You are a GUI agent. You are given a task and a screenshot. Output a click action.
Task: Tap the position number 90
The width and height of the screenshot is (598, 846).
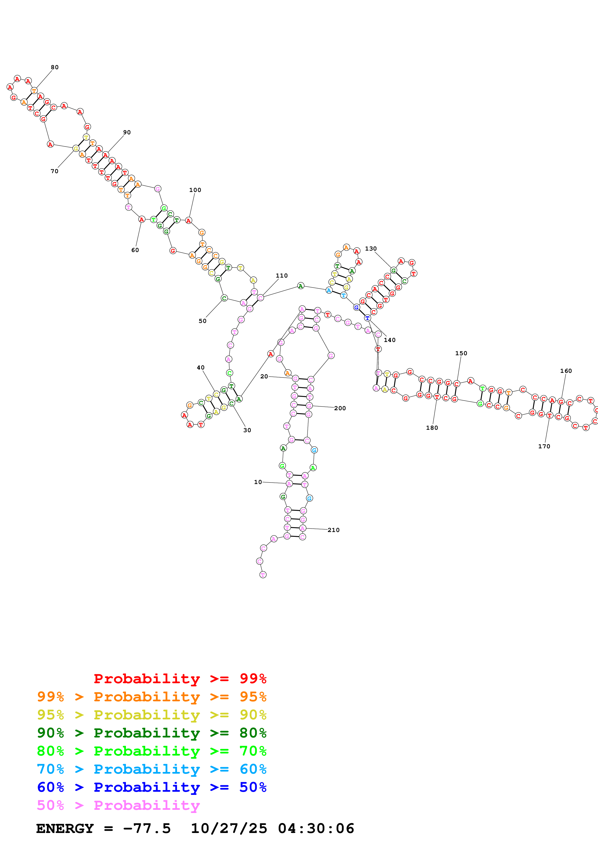pos(127,132)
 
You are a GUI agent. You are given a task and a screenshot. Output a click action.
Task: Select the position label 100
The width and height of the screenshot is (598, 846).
pos(195,190)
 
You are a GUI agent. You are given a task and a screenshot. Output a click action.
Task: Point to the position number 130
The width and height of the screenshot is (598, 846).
pos(371,249)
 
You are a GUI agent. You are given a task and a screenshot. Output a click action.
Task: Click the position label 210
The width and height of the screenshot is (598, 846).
pos(333,530)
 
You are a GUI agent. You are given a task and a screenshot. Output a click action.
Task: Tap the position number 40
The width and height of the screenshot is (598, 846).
pos(200,367)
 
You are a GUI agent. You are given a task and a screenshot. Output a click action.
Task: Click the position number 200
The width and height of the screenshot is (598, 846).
pos(340,408)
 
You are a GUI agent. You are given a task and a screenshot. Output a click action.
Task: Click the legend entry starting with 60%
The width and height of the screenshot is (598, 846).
pos(151,787)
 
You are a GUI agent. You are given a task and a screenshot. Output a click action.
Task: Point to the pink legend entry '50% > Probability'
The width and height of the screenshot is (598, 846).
pos(118,805)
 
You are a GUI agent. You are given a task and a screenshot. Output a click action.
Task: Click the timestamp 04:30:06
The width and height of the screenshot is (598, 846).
pos(316,828)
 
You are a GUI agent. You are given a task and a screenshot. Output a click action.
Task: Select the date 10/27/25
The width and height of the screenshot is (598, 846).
pos(229,828)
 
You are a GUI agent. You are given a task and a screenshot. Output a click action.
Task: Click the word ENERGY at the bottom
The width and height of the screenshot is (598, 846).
pos(65,828)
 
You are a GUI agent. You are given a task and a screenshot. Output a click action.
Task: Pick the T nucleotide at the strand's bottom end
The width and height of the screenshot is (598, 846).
pos(263,574)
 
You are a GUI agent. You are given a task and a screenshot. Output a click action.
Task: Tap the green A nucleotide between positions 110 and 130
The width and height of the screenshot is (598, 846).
pos(301,286)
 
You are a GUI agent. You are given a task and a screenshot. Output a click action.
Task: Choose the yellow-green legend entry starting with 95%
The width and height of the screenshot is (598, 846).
pos(151,715)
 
